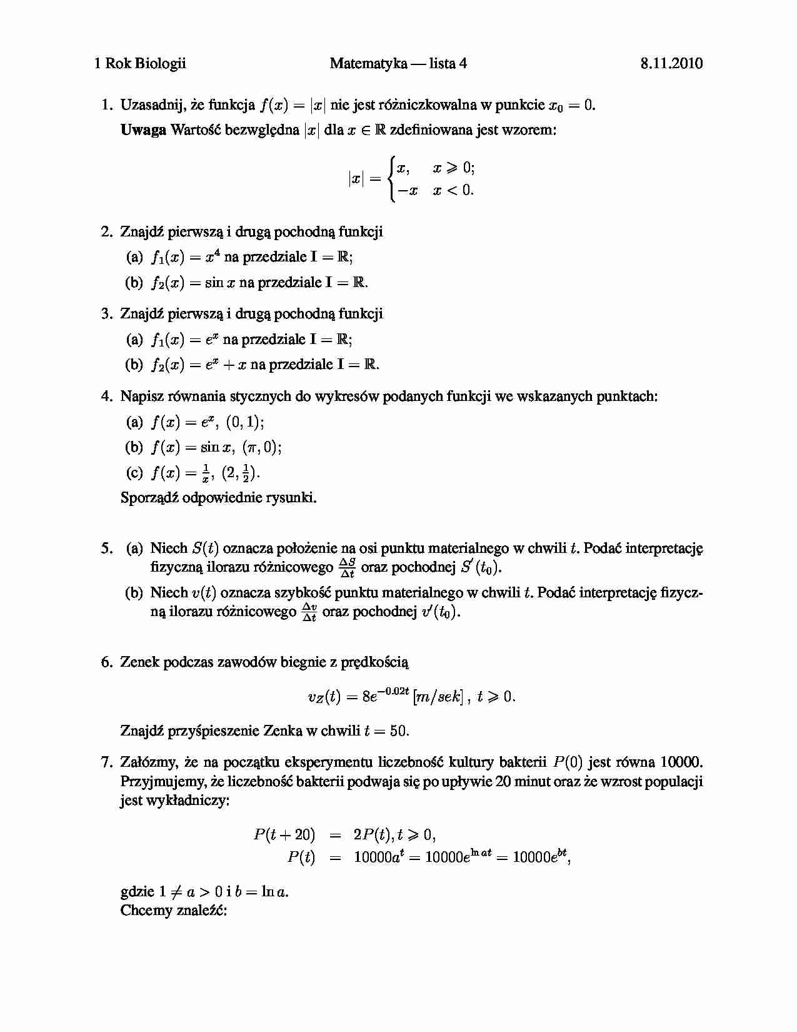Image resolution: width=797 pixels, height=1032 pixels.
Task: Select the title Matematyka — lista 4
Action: tap(398, 63)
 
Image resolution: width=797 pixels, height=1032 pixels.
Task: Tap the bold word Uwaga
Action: tap(143, 130)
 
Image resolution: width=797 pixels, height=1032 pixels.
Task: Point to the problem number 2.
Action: tap(106, 232)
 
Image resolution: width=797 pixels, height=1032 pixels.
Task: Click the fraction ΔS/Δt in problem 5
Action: tap(347, 568)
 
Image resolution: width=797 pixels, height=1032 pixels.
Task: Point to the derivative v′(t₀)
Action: tap(441, 612)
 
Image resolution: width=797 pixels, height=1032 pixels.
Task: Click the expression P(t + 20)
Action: tap(284, 834)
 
